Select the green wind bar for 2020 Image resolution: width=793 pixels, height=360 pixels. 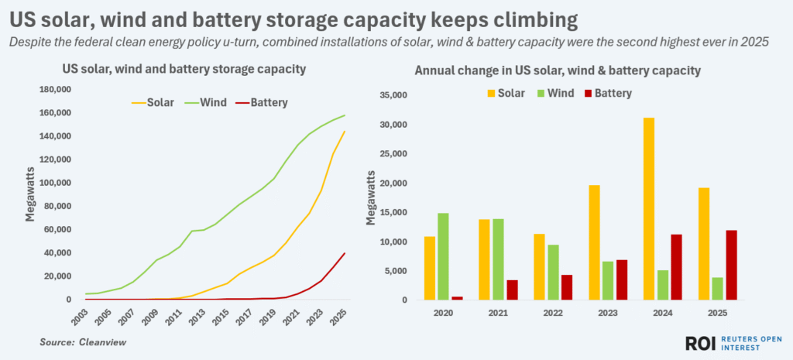click(x=443, y=256)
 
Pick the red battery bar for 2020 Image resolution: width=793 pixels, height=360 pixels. click(x=457, y=297)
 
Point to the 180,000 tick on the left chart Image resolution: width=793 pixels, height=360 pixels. click(x=55, y=90)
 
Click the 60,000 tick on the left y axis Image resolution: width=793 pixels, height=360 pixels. click(x=57, y=230)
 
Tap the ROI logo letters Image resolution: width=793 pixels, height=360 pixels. click(x=702, y=344)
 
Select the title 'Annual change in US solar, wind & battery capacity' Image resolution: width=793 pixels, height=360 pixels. click(x=558, y=70)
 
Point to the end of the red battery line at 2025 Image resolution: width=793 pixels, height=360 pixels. click(x=345, y=253)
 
